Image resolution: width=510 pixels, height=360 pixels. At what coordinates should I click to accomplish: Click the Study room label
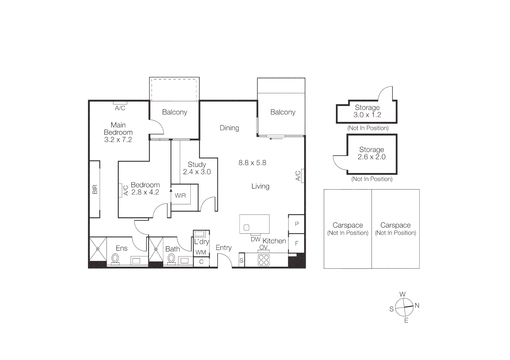(197, 165)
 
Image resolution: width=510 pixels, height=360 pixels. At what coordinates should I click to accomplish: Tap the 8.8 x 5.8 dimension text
(252, 163)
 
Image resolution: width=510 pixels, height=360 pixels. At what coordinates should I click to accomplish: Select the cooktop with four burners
(264, 260)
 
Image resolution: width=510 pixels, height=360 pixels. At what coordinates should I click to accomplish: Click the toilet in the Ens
(115, 259)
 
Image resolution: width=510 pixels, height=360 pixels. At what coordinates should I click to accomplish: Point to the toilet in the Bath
(171, 259)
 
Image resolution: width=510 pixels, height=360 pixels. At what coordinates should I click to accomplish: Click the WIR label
(180, 196)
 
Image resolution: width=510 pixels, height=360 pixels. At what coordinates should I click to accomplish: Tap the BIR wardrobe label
(95, 189)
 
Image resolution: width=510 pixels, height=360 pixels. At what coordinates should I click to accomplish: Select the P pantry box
(297, 224)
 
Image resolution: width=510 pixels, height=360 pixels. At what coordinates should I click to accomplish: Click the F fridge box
(297, 244)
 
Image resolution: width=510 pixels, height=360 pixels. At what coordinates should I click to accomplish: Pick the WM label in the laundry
(201, 252)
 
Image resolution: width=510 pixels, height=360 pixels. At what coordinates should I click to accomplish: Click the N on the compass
(417, 305)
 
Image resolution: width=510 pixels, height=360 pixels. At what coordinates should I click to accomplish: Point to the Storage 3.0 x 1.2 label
(367, 111)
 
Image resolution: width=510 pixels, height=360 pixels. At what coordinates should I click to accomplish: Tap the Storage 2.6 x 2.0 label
(372, 153)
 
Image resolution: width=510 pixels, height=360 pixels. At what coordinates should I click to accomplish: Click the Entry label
(223, 248)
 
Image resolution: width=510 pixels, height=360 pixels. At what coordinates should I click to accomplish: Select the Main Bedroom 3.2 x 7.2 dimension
(118, 140)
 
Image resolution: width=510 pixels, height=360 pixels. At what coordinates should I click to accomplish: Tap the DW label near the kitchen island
(256, 239)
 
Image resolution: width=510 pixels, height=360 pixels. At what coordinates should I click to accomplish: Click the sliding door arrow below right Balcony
(276, 138)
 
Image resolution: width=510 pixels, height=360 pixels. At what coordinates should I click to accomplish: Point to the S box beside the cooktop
(241, 261)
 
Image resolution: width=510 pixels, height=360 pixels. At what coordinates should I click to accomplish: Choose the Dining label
(229, 128)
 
